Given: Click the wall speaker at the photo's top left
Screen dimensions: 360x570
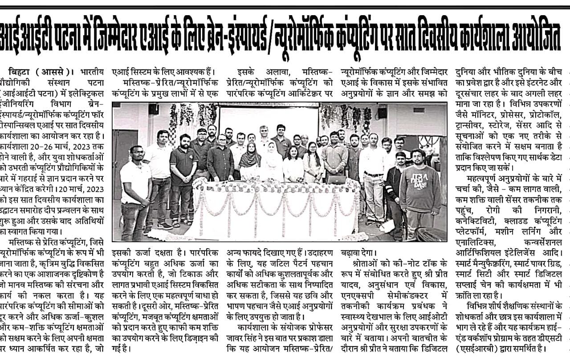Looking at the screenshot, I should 153,109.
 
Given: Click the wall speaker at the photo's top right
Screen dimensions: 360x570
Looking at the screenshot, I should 382,112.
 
